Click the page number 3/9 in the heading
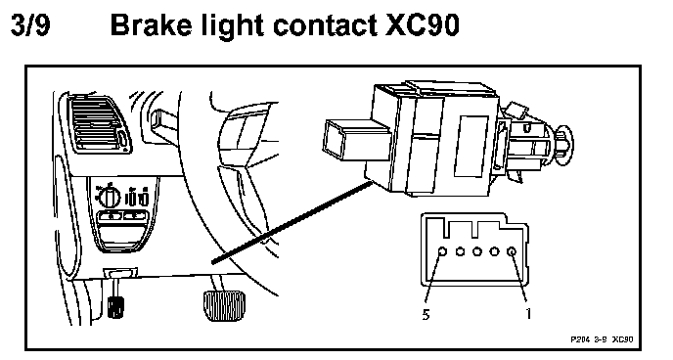[30, 24]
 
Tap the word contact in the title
[326, 25]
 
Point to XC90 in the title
[423, 24]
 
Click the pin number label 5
[426, 315]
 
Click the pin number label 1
[528, 314]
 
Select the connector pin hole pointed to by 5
[442, 251]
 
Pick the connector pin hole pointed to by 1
[512, 251]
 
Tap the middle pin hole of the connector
[477, 251]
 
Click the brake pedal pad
[223, 305]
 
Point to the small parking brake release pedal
[115, 306]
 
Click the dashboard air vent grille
[98, 124]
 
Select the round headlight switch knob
[109, 197]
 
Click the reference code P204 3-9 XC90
[602, 339]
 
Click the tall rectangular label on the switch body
[471, 146]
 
